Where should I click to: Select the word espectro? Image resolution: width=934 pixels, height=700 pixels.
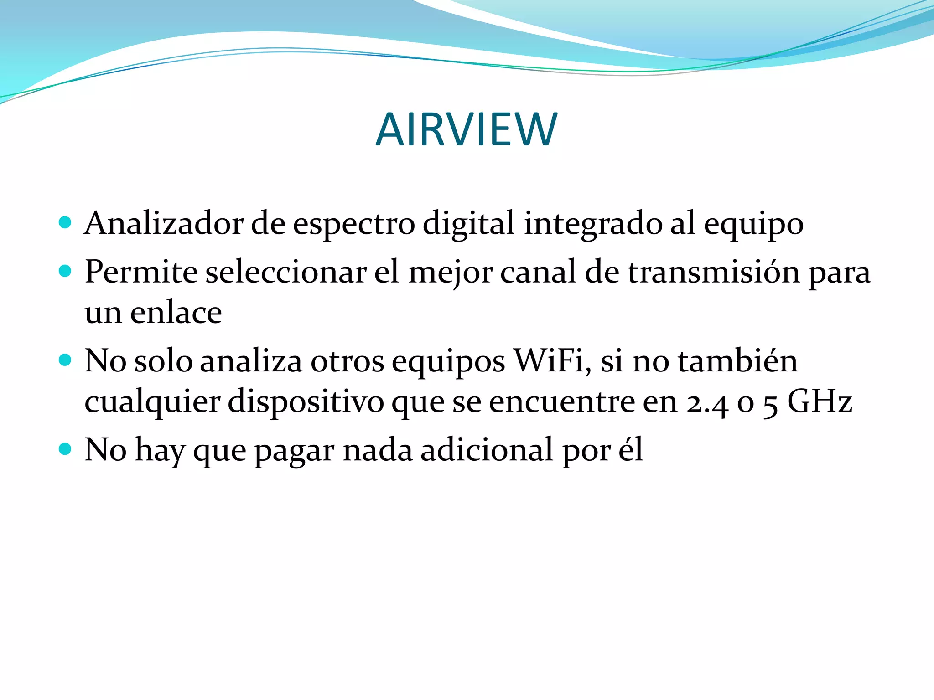click(x=354, y=225)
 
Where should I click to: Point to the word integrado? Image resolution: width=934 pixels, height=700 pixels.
click(x=593, y=225)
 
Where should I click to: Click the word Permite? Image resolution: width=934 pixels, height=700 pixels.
click(x=141, y=272)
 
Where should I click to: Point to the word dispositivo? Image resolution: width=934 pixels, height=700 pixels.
click(x=306, y=402)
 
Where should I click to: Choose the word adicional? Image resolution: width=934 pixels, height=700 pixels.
click(x=487, y=449)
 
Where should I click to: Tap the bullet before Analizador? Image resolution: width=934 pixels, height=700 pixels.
click(x=66, y=222)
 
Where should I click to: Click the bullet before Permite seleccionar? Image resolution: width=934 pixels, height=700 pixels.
click(x=66, y=271)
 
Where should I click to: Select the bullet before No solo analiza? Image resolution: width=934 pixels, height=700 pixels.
click(x=66, y=360)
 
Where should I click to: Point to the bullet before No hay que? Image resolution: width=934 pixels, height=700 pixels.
click(x=66, y=449)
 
